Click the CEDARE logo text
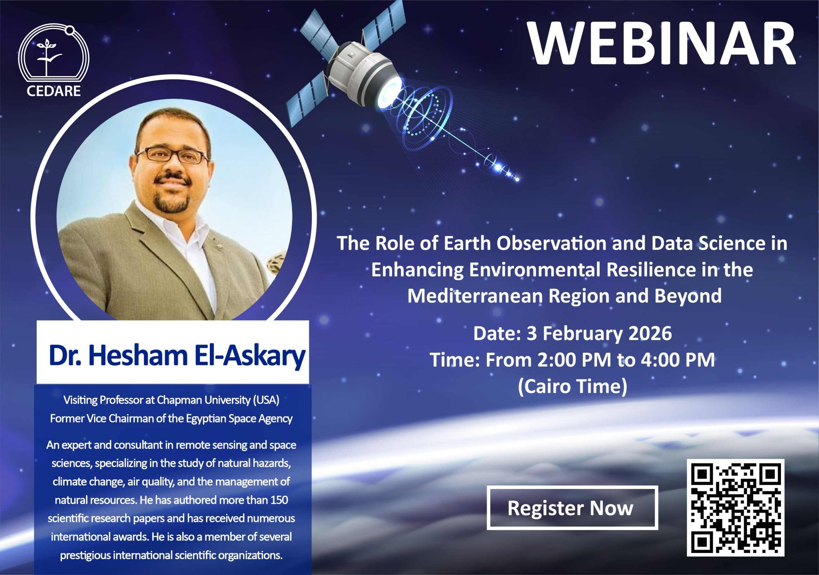(53, 91)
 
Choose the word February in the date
(582, 334)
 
